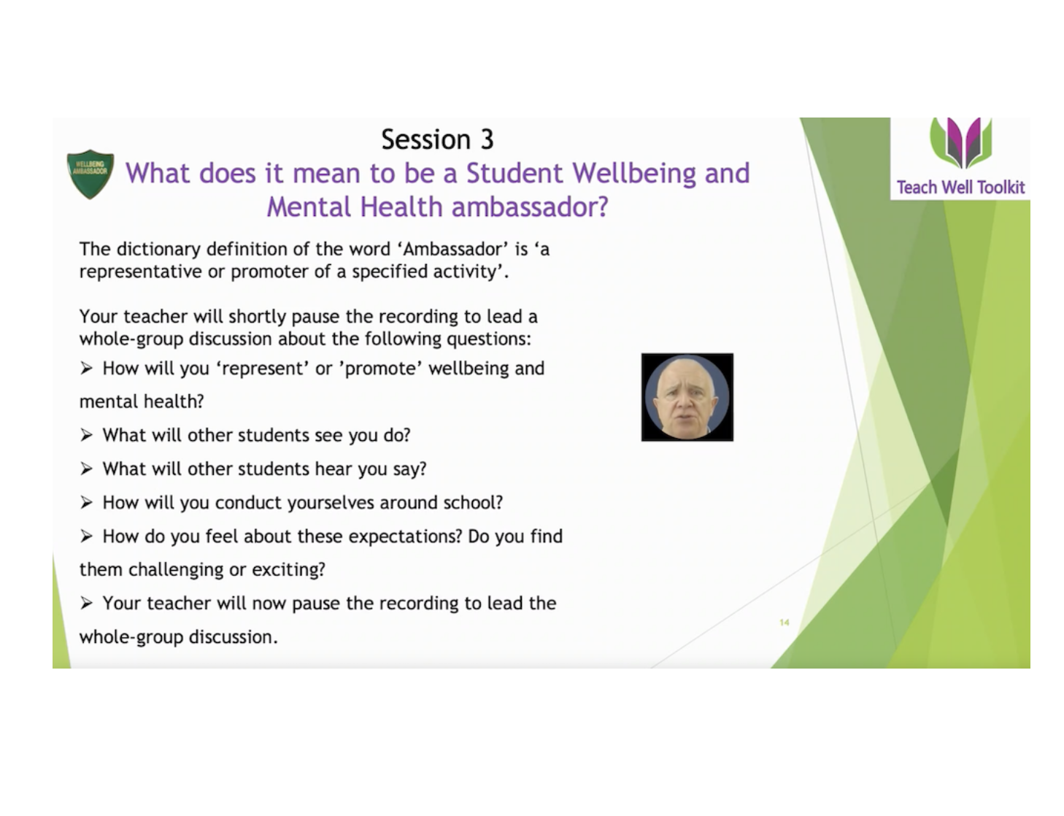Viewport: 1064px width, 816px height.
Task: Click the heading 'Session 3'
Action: point(437,139)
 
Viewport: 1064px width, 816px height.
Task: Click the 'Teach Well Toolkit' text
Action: point(960,188)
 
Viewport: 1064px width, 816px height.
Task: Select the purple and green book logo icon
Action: point(961,142)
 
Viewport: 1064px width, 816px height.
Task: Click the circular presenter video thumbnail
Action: point(687,397)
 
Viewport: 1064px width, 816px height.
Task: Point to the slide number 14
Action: point(784,623)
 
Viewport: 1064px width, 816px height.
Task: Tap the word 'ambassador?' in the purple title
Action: point(530,207)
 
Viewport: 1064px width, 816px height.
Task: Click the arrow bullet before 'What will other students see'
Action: point(86,435)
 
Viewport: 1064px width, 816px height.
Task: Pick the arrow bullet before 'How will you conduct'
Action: point(86,503)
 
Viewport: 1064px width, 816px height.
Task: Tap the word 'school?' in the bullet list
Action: point(473,503)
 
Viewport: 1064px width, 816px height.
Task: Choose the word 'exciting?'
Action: point(288,570)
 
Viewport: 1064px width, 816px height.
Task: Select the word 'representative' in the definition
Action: point(141,272)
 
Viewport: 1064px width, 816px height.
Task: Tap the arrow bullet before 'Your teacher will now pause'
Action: point(86,604)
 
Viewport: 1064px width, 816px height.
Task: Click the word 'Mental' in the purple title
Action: point(309,207)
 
